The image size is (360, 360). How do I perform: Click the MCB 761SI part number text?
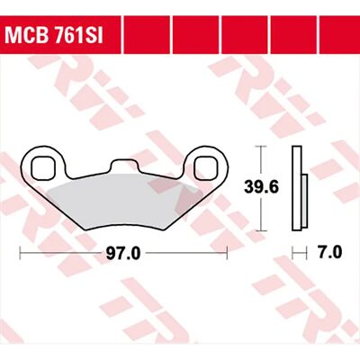[54, 36]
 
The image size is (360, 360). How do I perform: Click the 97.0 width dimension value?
[123, 254]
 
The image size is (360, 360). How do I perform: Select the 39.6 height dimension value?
[261, 187]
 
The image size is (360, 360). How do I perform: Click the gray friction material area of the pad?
[125, 202]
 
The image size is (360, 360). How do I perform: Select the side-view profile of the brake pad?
[300, 189]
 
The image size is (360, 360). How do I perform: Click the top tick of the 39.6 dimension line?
[262, 147]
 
